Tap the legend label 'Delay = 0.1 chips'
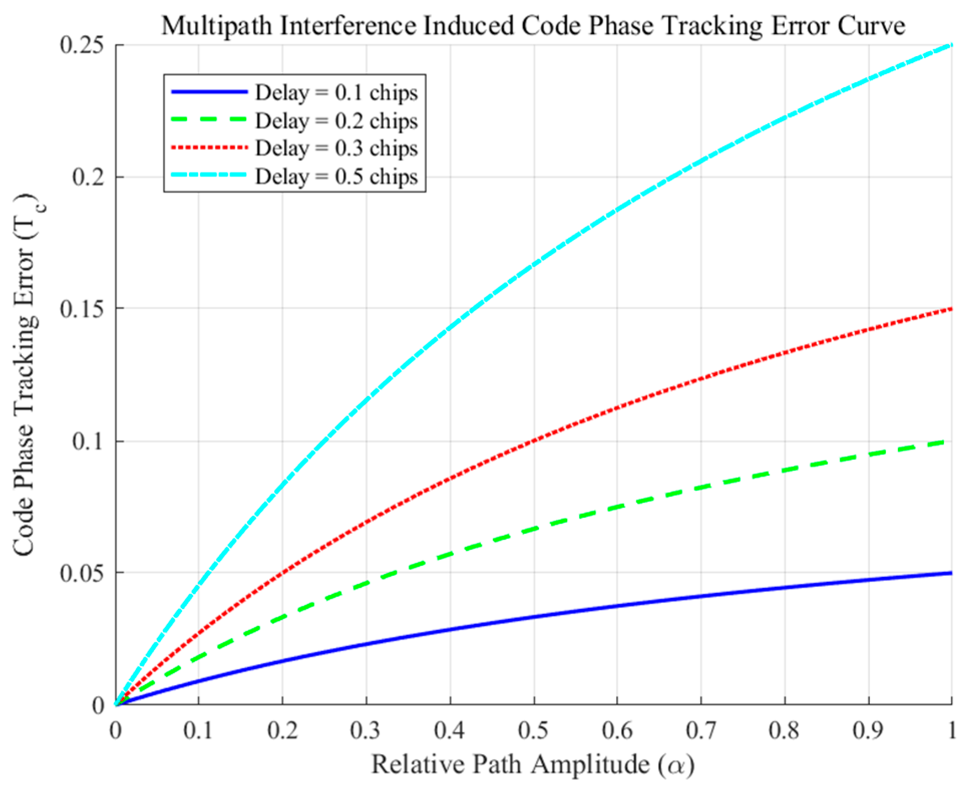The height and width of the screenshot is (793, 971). point(336,93)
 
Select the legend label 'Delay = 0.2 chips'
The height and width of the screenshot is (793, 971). point(336,121)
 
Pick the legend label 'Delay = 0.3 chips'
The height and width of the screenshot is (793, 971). point(336,148)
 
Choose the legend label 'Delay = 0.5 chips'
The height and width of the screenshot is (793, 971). point(336,176)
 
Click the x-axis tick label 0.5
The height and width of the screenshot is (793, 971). point(533,731)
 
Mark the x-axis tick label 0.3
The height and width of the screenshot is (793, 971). point(366,731)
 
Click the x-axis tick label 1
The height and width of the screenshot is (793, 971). point(951,731)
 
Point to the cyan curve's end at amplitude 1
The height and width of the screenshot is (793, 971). point(950,45)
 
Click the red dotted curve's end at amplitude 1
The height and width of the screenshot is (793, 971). point(950,309)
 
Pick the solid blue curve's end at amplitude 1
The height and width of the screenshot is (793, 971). point(950,573)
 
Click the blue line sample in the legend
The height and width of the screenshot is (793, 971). point(209,92)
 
